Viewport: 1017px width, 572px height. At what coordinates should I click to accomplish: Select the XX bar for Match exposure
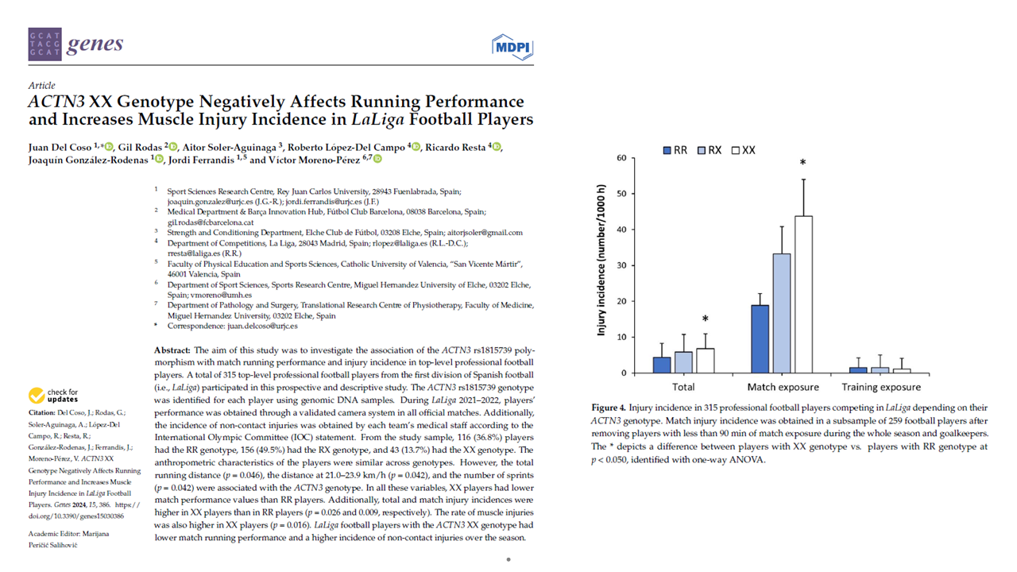click(802, 294)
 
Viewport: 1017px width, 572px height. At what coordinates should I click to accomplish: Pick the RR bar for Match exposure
click(760, 338)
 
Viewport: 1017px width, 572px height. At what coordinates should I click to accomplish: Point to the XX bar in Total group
click(705, 360)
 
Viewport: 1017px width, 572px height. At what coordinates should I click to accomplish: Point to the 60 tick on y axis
click(620, 158)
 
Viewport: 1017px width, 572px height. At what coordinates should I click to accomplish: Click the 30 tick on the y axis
click(620, 265)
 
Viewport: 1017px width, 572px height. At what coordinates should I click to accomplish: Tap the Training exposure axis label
click(881, 387)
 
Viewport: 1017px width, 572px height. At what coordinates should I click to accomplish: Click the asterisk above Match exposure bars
click(802, 163)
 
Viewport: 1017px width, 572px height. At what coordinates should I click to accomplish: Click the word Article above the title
click(41, 86)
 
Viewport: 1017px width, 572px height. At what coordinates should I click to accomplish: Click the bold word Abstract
click(171, 350)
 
